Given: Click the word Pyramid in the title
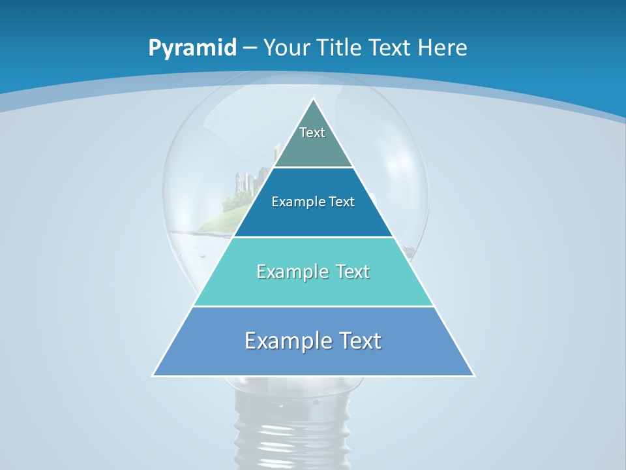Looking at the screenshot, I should click(192, 48).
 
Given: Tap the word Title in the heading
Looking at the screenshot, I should click(341, 48).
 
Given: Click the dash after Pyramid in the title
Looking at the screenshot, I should click(250, 48).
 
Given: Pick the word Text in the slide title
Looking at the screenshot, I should click(390, 48).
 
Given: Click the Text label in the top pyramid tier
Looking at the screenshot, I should click(312, 133).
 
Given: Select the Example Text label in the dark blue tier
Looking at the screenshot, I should click(313, 202).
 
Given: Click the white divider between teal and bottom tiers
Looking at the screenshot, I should click(313, 306).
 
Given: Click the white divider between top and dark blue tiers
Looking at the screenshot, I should click(314, 167).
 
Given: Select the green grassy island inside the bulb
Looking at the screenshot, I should click(222, 222).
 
